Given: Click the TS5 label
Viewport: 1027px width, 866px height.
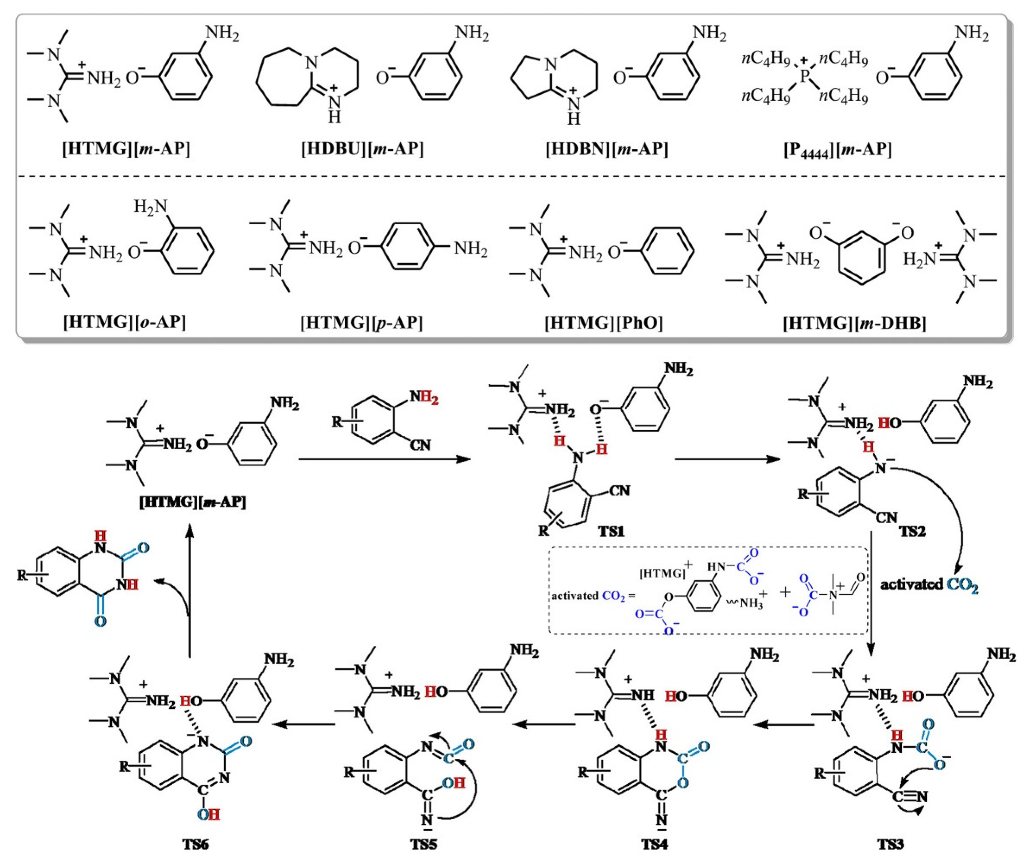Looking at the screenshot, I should [x=423, y=844].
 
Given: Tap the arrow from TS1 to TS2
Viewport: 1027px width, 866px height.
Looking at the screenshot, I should [x=727, y=459].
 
